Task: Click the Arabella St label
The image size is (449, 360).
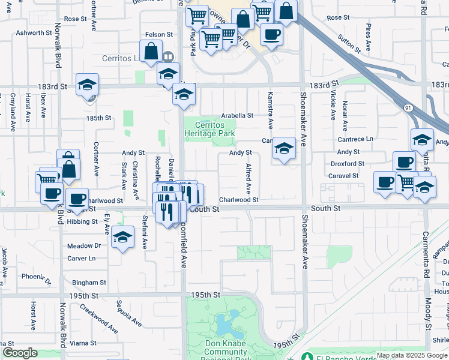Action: point(237,115)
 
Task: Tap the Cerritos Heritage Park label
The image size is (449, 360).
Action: point(209,130)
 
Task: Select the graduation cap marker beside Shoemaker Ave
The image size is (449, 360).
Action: point(284,149)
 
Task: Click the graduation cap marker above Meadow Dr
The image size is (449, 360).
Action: point(122,237)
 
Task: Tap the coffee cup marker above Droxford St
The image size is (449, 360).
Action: point(404,163)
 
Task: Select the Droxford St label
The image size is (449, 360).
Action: point(348,164)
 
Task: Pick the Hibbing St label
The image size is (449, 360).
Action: point(82,221)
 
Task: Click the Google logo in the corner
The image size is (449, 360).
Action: point(20,353)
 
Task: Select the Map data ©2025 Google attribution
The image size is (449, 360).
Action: point(412,355)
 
